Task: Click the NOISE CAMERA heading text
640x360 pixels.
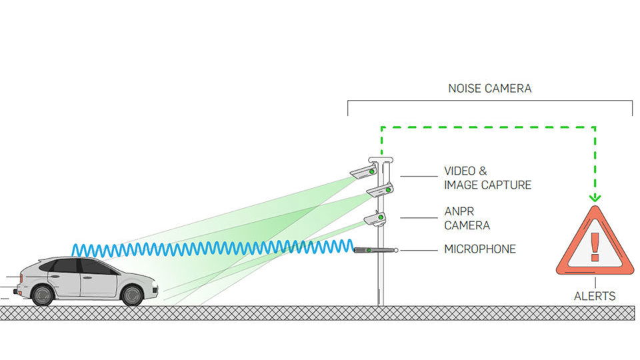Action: coord(489,88)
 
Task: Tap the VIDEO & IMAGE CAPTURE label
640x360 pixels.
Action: coord(487,178)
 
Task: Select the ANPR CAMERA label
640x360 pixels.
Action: coord(467,219)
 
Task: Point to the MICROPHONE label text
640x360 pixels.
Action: coord(480,249)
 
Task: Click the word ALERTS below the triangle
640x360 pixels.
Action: coord(595,295)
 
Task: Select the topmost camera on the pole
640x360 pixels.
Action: coord(363,171)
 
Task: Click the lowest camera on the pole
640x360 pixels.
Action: coord(375,219)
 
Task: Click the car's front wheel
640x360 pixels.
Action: coord(133,295)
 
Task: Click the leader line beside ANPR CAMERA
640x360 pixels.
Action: coord(418,217)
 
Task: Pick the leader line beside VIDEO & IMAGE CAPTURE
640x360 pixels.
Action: coord(418,177)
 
